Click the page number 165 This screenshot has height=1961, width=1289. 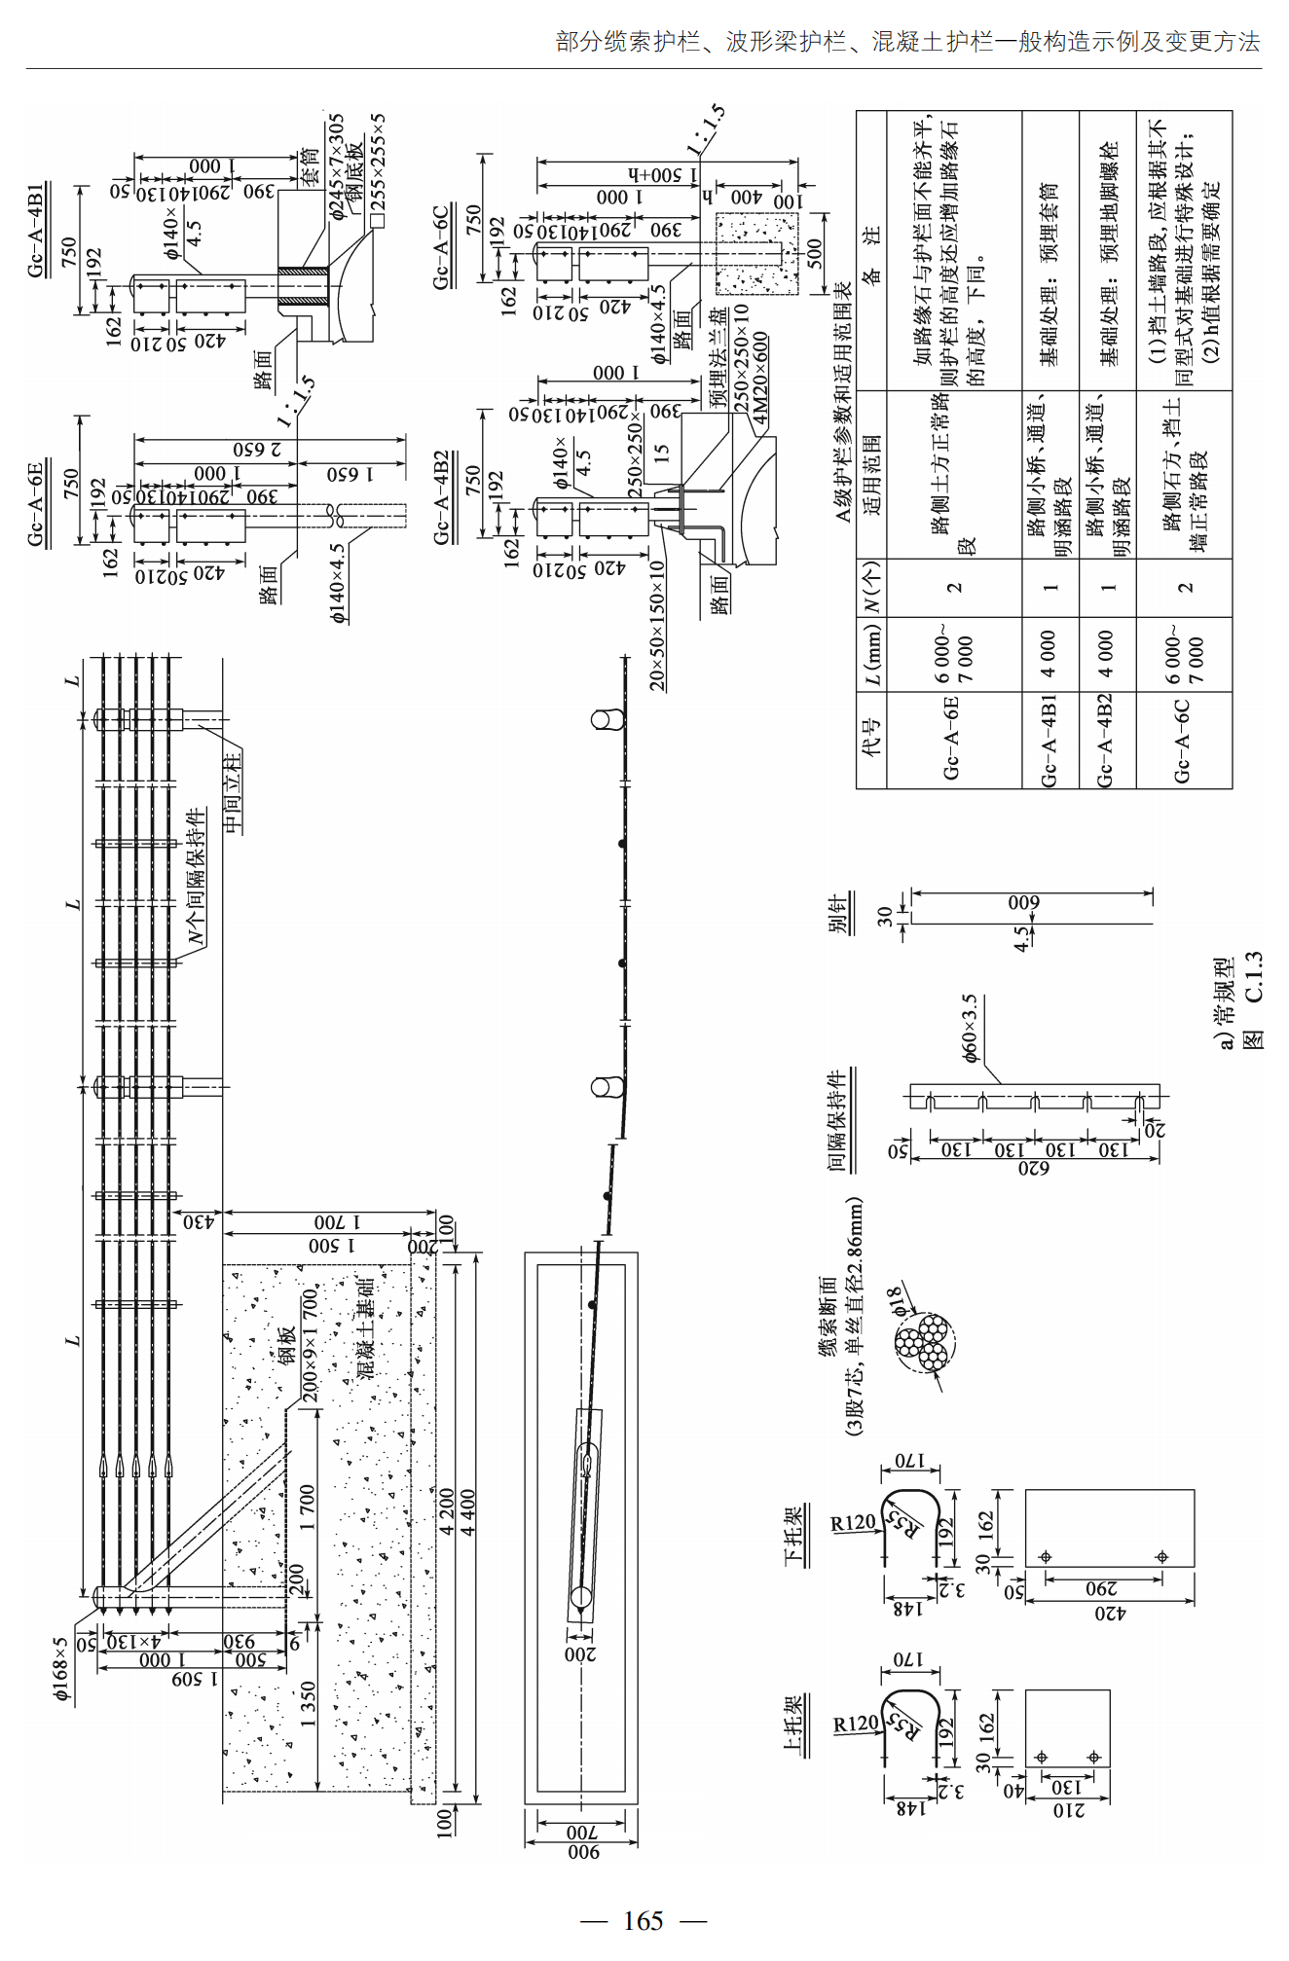[x=643, y=1920]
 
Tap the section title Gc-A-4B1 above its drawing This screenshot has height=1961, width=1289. [x=36, y=230]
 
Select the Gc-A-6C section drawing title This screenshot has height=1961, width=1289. [x=441, y=246]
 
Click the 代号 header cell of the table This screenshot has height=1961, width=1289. [x=870, y=739]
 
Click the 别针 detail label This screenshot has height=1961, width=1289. [x=838, y=913]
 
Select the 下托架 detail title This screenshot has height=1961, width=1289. [x=793, y=1536]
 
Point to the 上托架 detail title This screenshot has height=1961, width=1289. [x=793, y=1723]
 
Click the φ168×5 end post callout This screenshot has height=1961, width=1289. [x=60, y=1668]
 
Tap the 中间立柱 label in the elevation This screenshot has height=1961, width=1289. [x=232, y=793]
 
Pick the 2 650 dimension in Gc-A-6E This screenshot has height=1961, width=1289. [x=257, y=449]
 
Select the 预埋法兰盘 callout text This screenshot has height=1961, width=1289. [x=718, y=359]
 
